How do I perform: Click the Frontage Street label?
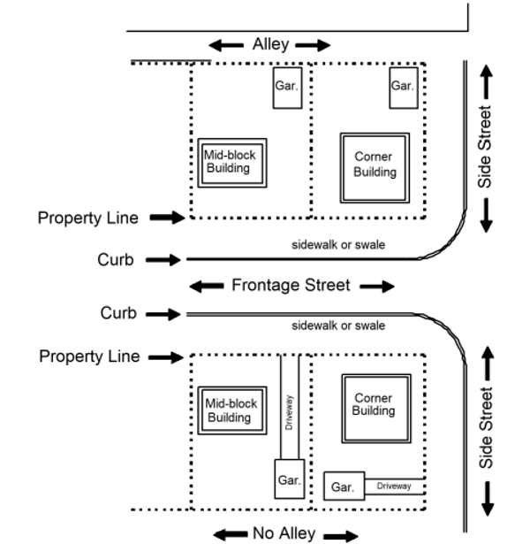tap(291, 285)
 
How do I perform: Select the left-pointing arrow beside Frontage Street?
tap(207, 286)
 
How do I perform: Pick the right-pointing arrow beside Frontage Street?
tap(377, 286)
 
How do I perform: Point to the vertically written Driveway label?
tap(290, 411)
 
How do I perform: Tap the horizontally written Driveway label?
tap(394, 487)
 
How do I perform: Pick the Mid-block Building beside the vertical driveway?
tap(231, 410)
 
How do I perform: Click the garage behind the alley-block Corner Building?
tap(403, 87)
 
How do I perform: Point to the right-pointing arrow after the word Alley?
tap(314, 45)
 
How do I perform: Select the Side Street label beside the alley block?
tap(485, 147)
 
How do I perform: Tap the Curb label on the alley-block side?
tap(115, 260)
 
